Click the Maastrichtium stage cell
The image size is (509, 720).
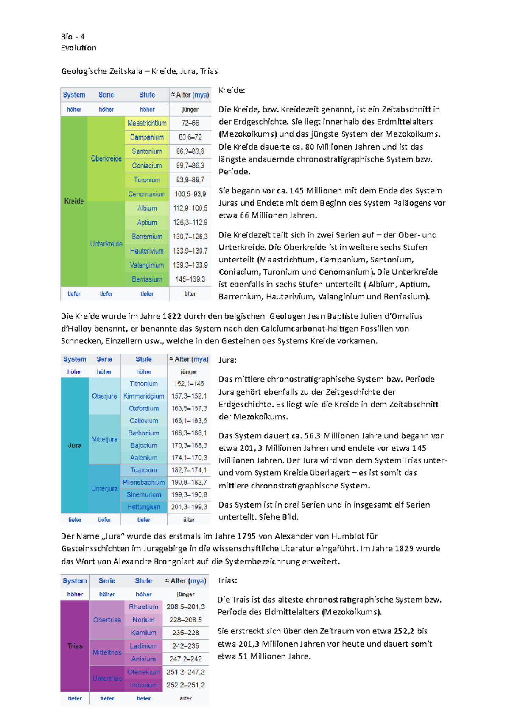pos(147,123)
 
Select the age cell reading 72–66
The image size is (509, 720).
pos(190,123)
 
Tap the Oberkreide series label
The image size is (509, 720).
pos(106,159)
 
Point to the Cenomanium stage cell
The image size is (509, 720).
pos(147,194)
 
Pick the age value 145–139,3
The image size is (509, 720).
pos(190,279)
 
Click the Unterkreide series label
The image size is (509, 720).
pos(106,244)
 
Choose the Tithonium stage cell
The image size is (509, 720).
pos(144,384)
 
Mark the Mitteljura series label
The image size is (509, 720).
pos(104,439)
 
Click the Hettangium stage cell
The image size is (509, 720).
pos(144,507)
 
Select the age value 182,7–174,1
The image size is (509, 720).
pos(189,470)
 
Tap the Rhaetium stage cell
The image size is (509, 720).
pos(143,606)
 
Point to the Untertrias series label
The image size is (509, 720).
pos(107,678)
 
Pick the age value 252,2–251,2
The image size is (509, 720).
pos(185,685)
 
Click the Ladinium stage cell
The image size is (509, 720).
pos(143,646)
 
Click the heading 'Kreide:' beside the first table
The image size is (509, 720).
pos(232,90)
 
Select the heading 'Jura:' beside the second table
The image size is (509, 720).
pos(228,360)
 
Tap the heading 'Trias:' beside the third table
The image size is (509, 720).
pos(227,580)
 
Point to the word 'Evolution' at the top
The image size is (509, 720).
pos(79,48)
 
